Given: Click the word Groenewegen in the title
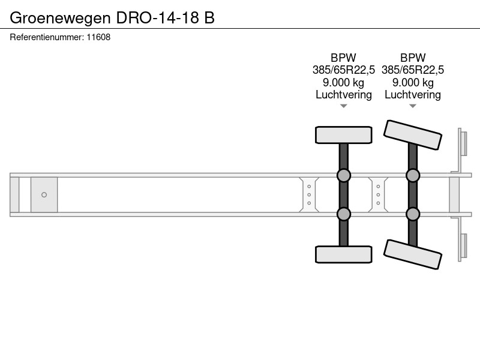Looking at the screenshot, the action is [61, 18].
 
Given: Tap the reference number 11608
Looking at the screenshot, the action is [98, 37].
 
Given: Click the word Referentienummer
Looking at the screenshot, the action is [47, 37].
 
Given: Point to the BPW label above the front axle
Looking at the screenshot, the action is [343, 58].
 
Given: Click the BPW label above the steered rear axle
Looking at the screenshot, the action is [413, 58].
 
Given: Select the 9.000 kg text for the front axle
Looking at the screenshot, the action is [343, 83].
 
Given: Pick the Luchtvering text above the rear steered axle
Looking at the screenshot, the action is [413, 95].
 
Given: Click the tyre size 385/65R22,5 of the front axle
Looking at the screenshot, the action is [343, 70].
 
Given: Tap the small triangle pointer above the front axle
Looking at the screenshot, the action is [343, 106].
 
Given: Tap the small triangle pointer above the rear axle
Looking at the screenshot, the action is [413, 106].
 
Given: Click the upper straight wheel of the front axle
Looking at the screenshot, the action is [343, 135].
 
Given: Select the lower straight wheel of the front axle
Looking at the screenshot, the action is [343, 254].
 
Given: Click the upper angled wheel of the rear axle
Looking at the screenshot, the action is [413, 135].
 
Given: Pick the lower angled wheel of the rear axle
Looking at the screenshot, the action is [413, 254].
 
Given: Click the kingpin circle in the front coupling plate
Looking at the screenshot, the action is [44, 194].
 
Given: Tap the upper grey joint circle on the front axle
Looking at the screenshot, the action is [343, 175].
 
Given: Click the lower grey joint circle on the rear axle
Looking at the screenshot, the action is [413, 214].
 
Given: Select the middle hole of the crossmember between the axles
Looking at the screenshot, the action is [379, 194].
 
